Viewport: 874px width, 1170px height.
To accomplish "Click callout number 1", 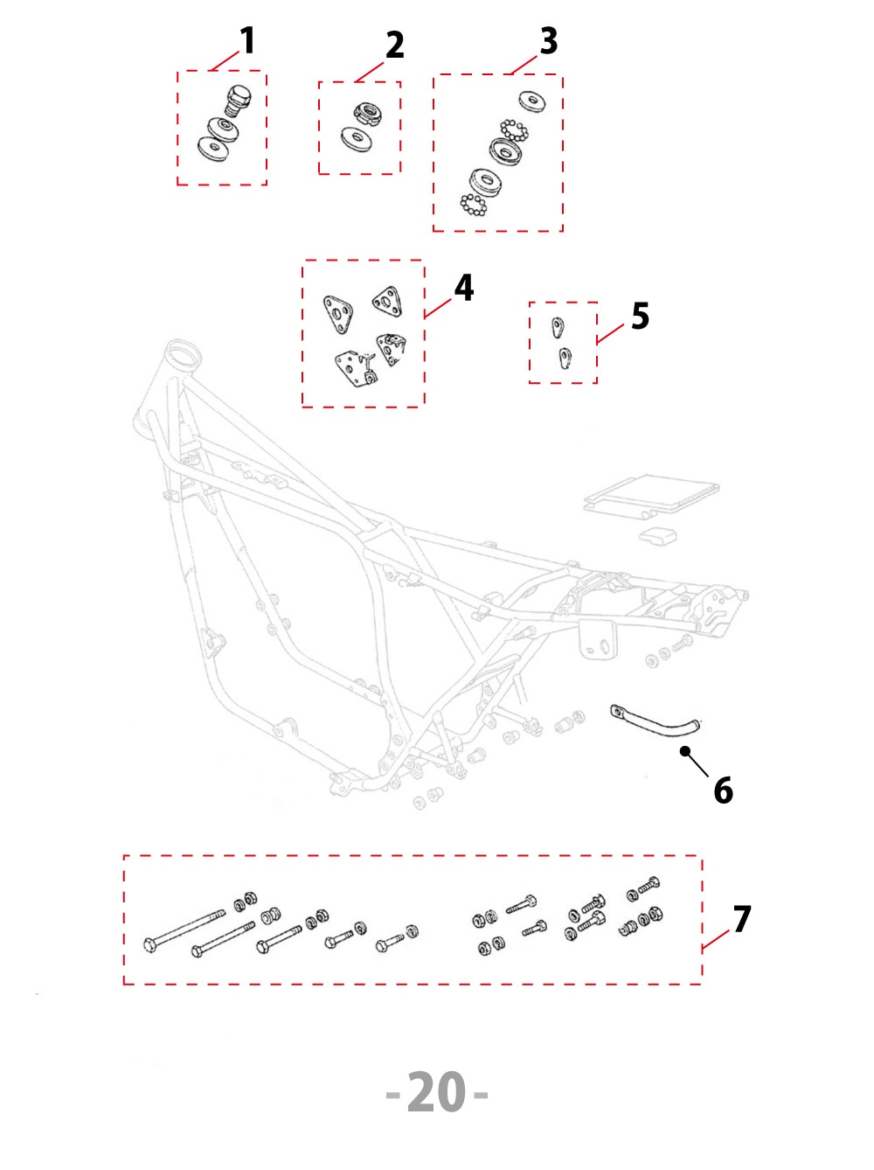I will (247, 40).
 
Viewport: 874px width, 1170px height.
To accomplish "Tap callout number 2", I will (395, 45).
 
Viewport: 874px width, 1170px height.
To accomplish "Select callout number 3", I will (548, 40).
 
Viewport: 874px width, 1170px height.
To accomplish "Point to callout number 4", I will (464, 288).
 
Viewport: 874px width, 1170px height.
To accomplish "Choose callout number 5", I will (640, 317).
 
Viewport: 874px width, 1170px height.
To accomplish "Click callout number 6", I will (723, 790).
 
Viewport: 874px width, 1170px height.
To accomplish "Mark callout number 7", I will (742, 919).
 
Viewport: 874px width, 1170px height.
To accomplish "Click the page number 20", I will (437, 1093).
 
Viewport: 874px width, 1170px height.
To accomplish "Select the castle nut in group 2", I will (367, 114).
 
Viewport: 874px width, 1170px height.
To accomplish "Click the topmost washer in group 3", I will (532, 101).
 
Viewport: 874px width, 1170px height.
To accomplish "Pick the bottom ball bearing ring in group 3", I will (474, 205).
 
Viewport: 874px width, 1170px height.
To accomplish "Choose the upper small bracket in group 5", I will (558, 327).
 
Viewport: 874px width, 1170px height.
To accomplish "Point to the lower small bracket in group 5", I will (565, 358).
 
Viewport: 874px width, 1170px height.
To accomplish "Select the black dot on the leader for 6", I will (685, 751).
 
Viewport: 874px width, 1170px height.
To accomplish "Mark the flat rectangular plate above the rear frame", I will (651, 494).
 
